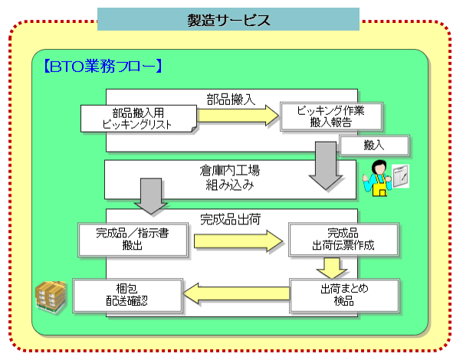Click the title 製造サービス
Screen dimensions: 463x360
click(228, 20)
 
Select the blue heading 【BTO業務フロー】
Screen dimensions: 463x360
click(102, 66)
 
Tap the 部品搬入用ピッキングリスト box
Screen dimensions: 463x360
click(139, 119)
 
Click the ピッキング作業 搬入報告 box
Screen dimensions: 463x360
click(331, 116)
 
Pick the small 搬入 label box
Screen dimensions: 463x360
click(374, 146)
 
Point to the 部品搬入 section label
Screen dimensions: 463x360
click(231, 99)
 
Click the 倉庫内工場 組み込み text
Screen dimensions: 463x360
click(230, 178)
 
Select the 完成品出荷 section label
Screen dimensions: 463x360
click(230, 219)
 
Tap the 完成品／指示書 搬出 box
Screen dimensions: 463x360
click(133, 240)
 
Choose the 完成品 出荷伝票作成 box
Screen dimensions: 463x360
click(343, 239)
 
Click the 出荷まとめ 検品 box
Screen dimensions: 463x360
click(344, 295)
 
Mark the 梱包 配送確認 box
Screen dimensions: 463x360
click(127, 295)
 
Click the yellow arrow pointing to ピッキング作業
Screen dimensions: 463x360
click(238, 116)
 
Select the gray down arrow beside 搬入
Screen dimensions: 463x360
click(326, 166)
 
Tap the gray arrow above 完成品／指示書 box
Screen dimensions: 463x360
click(151, 196)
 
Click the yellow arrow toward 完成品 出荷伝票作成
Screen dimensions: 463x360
click(238, 241)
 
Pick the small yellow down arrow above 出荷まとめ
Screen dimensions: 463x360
click(332, 268)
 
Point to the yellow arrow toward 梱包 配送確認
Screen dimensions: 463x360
click(236, 294)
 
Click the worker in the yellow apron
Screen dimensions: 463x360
click(377, 178)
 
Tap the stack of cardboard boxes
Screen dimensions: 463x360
click(50, 296)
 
